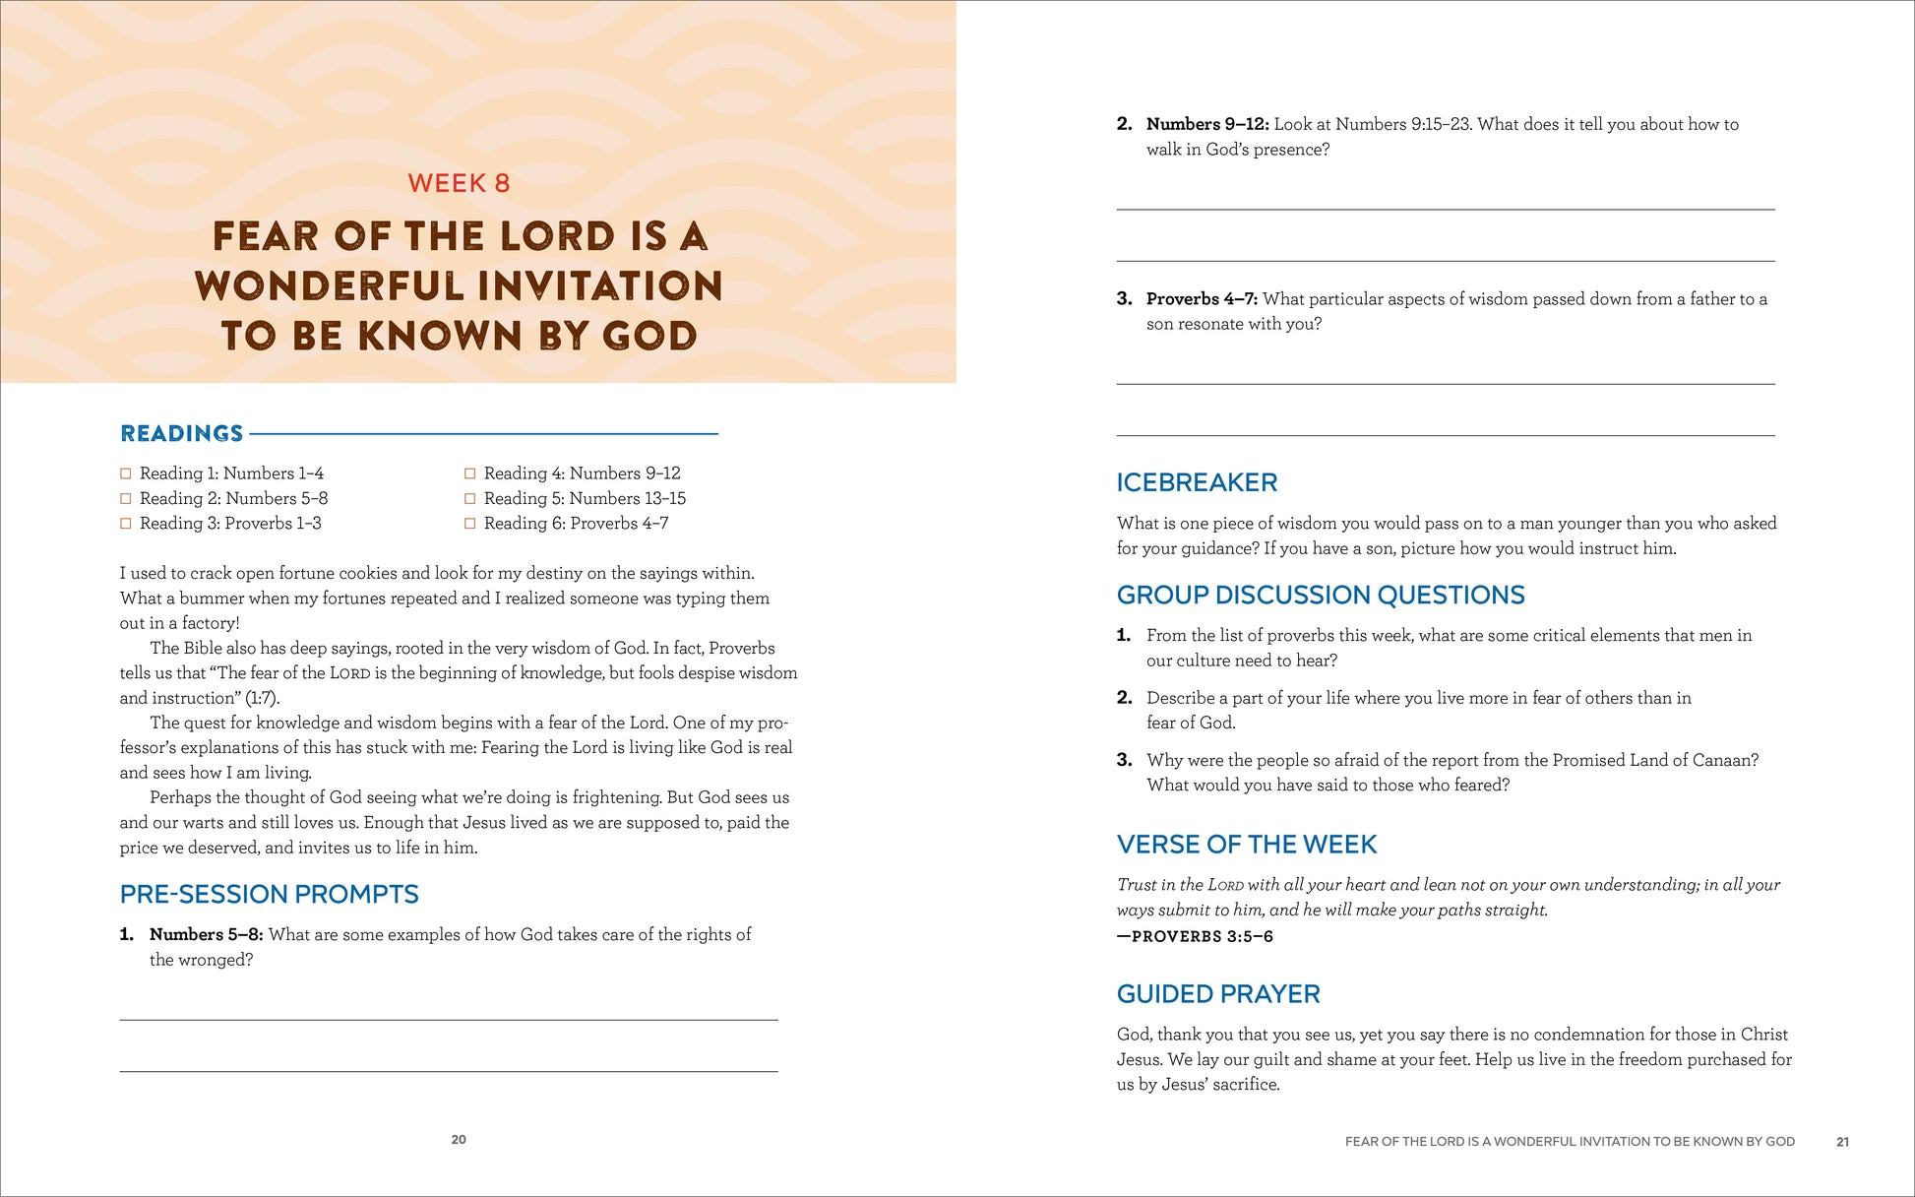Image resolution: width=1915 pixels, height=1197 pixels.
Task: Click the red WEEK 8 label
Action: click(x=459, y=183)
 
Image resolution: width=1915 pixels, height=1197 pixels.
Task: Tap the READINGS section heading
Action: click(x=182, y=433)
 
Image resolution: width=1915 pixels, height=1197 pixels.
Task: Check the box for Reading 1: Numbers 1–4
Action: click(x=126, y=473)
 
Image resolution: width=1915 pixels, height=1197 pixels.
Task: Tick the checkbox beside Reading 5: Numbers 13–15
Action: click(x=470, y=499)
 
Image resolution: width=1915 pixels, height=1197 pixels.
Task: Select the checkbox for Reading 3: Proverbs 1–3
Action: click(x=126, y=524)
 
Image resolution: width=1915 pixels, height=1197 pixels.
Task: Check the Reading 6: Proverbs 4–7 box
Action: click(x=470, y=524)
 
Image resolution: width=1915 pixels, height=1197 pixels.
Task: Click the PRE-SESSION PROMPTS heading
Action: click(x=269, y=894)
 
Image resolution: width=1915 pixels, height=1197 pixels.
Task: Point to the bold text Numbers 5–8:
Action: click(x=206, y=934)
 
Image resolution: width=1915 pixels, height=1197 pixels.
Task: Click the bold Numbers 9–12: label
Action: click(x=1207, y=124)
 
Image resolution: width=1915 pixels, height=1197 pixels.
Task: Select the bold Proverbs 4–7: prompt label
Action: click(x=1202, y=298)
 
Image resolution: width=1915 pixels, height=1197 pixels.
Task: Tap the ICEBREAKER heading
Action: click(x=1197, y=482)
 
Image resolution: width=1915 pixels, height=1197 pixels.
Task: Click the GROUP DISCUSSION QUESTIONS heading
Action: click(x=1321, y=595)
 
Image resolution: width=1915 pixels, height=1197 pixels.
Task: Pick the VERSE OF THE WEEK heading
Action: click(x=1247, y=845)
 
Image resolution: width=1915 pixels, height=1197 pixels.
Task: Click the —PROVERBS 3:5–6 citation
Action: click(x=1195, y=936)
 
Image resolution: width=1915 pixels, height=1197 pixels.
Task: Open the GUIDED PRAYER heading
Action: click(x=1218, y=994)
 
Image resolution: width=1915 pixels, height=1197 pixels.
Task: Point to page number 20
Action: click(x=459, y=1140)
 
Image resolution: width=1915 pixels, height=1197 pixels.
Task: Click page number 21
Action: click(x=1842, y=1142)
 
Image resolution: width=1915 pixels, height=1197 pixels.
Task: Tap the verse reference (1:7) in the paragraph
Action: click(x=262, y=698)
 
